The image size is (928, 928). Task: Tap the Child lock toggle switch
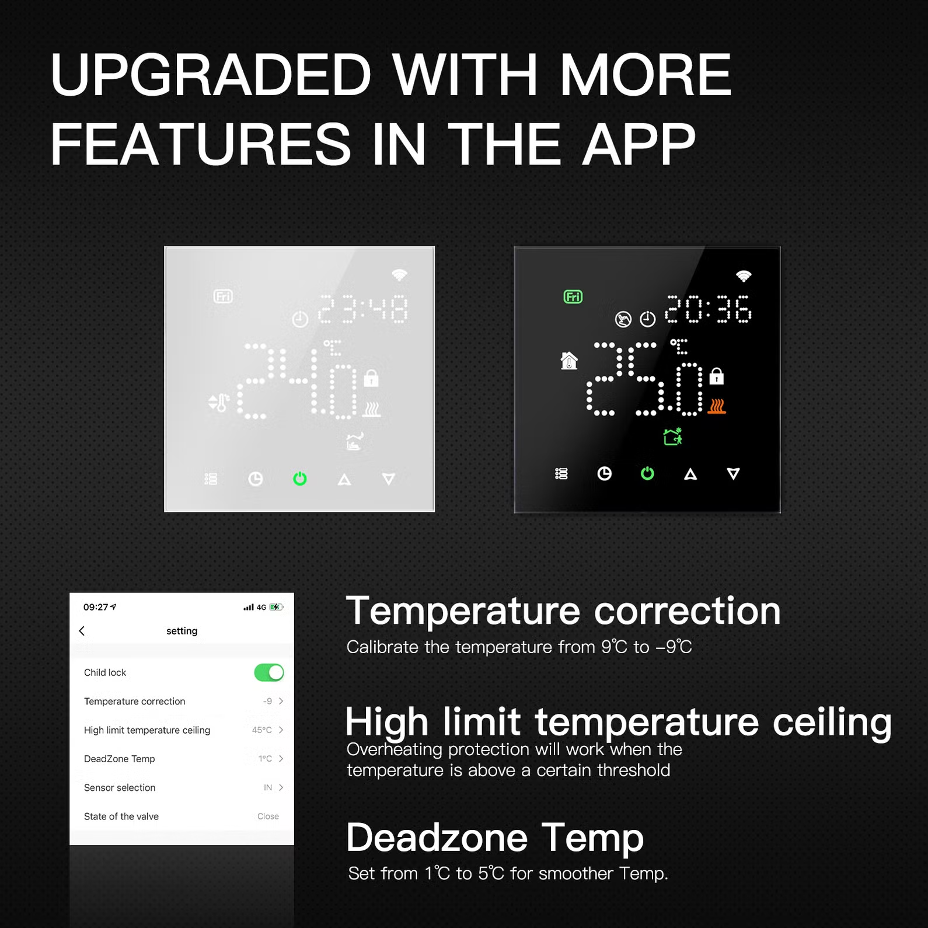(x=269, y=672)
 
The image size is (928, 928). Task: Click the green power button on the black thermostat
(x=647, y=473)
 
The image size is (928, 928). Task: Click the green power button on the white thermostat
(x=300, y=479)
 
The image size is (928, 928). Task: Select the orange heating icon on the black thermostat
(x=717, y=406)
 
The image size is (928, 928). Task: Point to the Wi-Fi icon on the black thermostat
(x=743, y=275)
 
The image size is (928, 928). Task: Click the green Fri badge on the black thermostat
(x=573, y=297)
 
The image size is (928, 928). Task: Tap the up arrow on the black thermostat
(x=690, y=474)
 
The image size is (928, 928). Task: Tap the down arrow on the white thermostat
(x=389, y=479)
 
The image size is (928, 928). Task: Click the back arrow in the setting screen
(x=82, y=631)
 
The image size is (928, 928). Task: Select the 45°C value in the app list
(x=262, y=730)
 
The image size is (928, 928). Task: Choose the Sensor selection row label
(x=120, y=788)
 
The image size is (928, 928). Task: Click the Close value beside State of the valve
(x=268, y=817)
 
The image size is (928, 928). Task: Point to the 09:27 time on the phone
(x=96, y=607)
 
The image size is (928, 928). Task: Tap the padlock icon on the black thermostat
(x=717, y=376)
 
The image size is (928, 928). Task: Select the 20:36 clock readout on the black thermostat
(x=708, y=309)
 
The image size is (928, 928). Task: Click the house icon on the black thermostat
(x=569, y=361)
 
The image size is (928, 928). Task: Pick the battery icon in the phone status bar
(x=276, y=607)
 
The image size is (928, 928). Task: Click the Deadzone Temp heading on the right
(x=495, y=838)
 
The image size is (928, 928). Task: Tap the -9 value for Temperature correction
(x=267, y=702)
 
